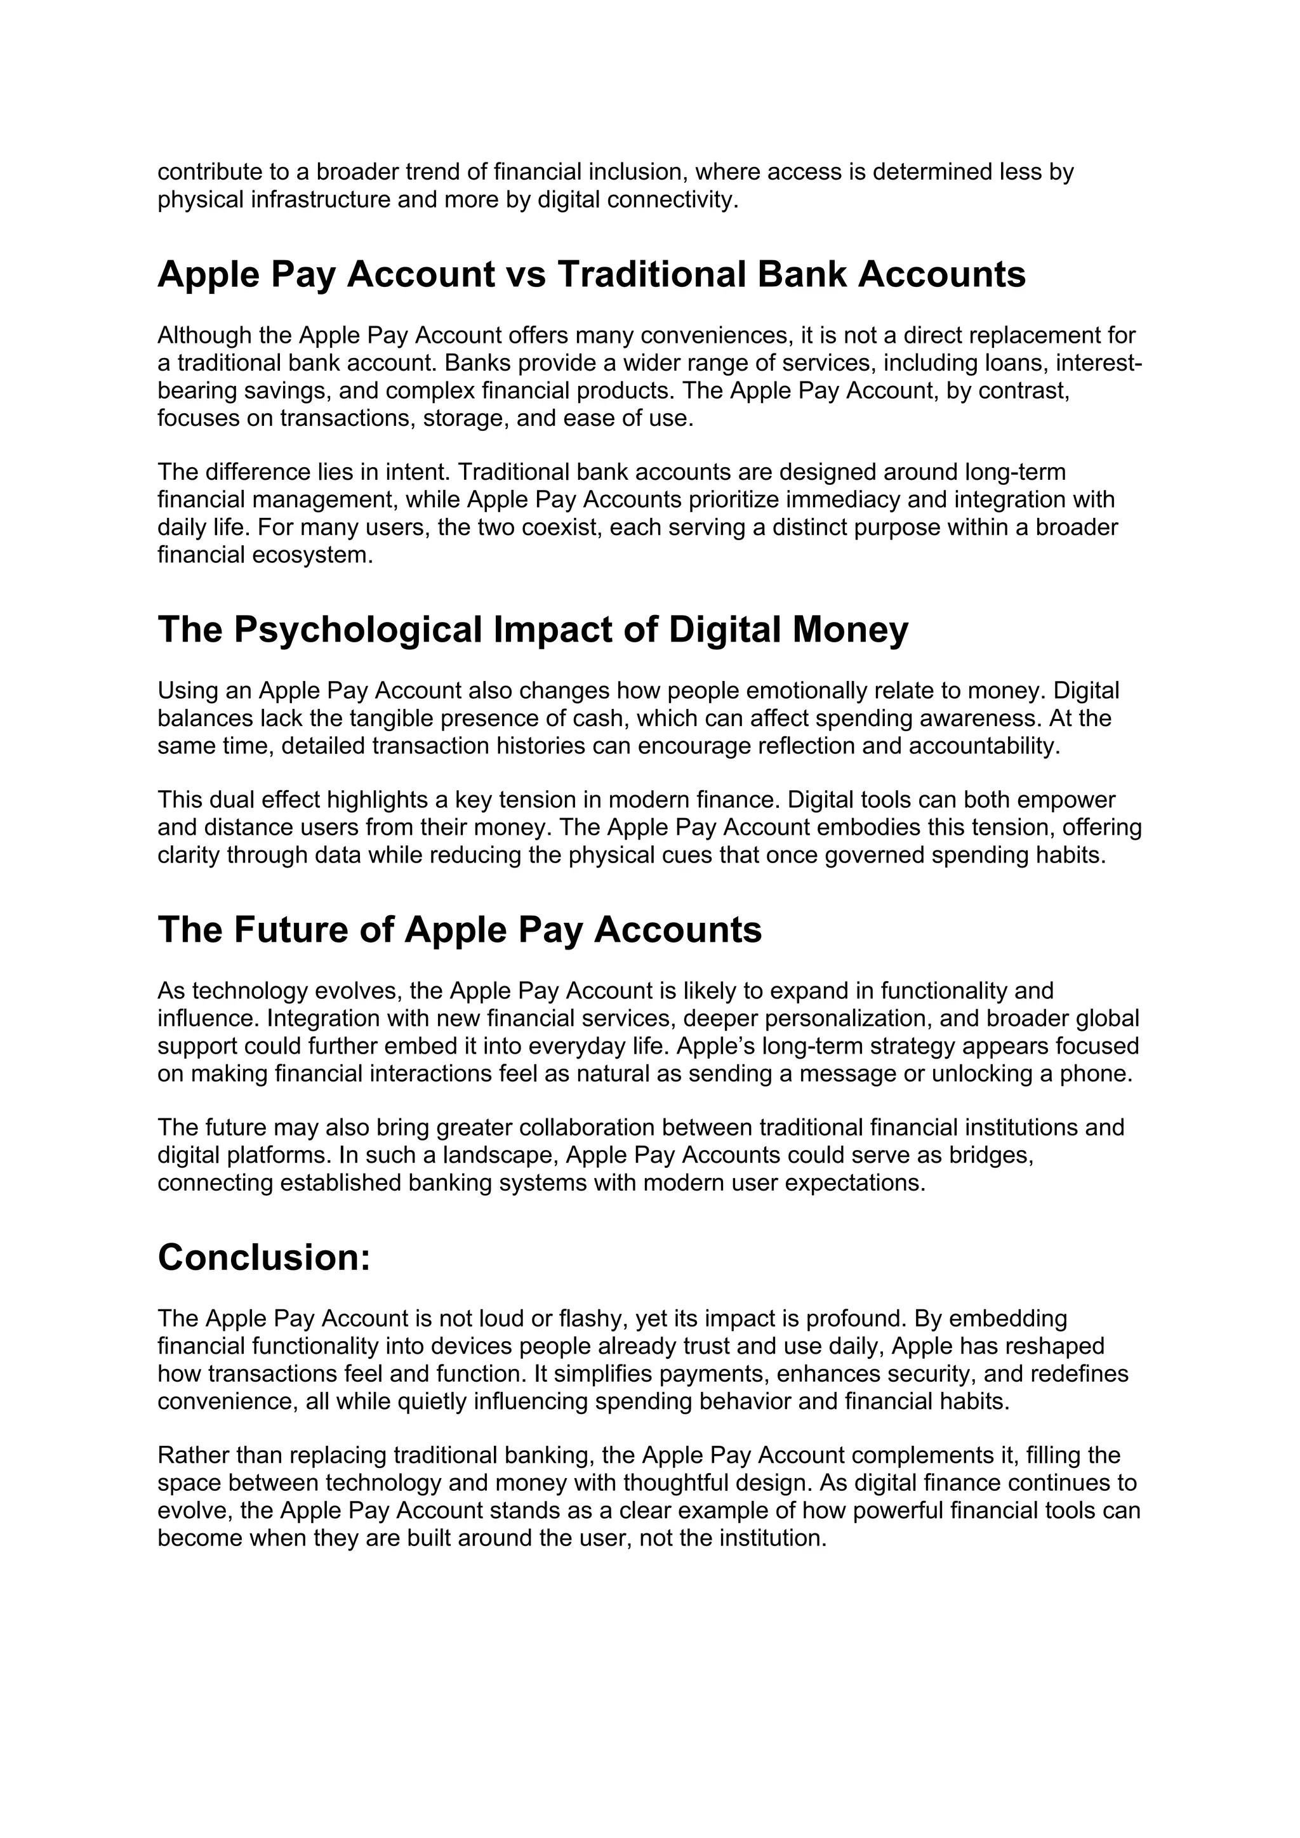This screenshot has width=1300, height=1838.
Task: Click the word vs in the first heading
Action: point(526,275)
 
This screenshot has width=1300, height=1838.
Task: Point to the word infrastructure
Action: point(320,199)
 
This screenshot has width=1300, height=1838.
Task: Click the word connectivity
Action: point(672,199)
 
